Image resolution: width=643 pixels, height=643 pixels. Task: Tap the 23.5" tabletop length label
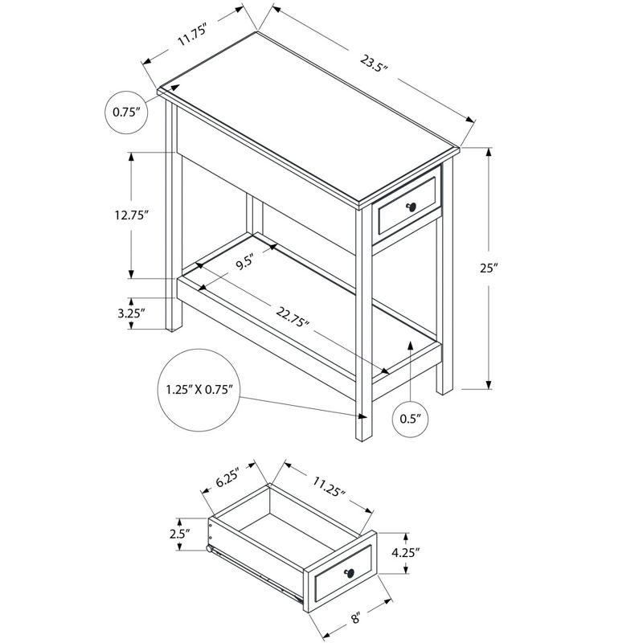click(x=374, y=63)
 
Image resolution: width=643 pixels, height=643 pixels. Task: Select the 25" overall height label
click(x=489, y=268)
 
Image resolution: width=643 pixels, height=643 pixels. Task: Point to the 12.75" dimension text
click(x=131, y=215)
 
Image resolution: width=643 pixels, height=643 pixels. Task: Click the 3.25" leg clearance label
click(x=131, y=313)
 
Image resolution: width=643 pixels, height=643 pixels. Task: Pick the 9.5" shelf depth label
click(x=245, y=262)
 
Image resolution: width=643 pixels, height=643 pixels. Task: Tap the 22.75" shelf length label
click(x=292, y=317)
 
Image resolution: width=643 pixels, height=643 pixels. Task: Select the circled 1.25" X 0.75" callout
click(x=199, y=390)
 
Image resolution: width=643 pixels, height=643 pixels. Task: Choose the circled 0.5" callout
click(x=411, y=419)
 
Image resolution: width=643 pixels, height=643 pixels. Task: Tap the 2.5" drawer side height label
click(x=179, y=534)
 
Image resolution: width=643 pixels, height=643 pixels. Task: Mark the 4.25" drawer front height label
click(x=406, y=553)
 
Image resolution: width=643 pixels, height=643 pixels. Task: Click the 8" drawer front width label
click(x=356, y=617)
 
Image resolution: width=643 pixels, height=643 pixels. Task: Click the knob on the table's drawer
click(x=412, y=207)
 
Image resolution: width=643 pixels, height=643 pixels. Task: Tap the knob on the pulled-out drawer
click(x=350, y=573)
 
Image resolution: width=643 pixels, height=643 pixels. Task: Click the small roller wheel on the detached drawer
click(x=210, y=549)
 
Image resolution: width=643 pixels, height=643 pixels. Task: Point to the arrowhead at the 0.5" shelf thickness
click(x=410, y=345)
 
